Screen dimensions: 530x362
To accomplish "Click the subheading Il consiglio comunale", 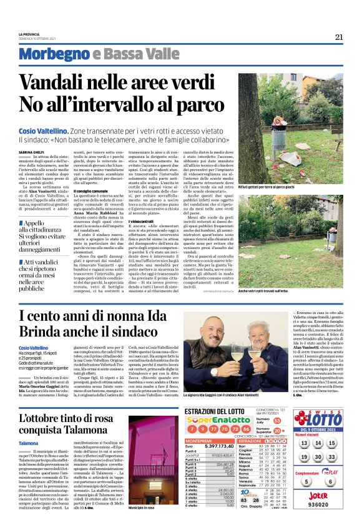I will [90, 190].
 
